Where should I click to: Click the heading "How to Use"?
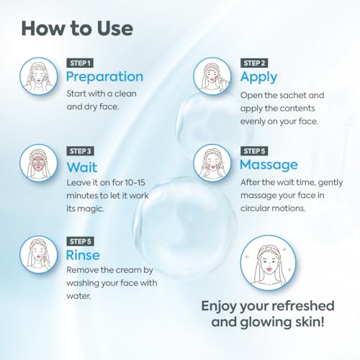point(77,29)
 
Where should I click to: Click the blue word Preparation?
point(104,76)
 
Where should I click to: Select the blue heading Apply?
point(259,76)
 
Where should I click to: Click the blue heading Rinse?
point(83,255)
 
